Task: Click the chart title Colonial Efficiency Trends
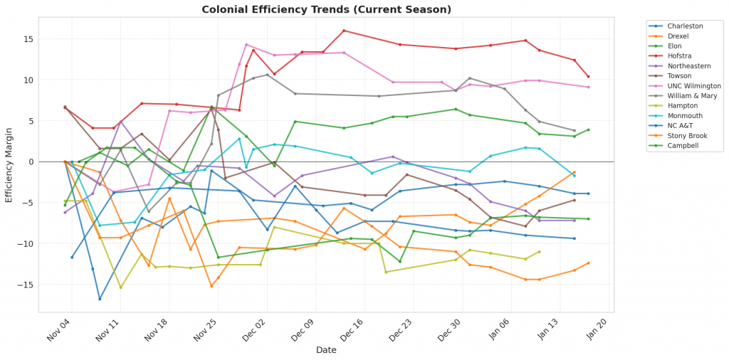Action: pos(326,9)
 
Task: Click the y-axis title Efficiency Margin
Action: pos(9,162)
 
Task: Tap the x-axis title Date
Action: pos(327,349)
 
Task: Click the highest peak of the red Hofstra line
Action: pos(344,31)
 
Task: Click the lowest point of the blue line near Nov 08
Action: pos(100,299)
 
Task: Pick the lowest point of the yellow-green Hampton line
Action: pos(120,287)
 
